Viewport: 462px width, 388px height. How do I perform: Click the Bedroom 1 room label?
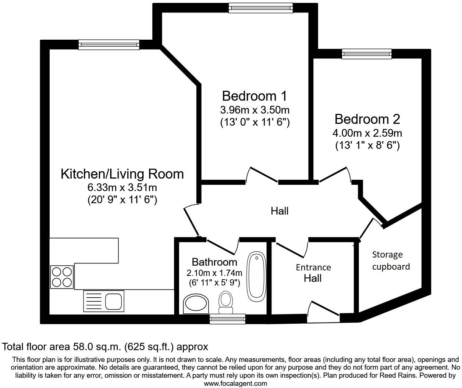pyautogui.click(x=255, y=96)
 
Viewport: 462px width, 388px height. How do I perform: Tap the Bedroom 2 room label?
pyautogui.click(x=367, y=119)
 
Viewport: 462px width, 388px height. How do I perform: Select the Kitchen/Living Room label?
pyautogui.click(x=122, y=174)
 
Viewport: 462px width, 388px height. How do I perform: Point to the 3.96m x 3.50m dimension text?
pyautogui.click(x=255, y=110)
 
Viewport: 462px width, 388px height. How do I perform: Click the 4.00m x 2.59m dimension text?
pyautogui.click(x=367, y=133)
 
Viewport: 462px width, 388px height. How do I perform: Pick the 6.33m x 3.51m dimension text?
pyautogui.click(x=122, y=187)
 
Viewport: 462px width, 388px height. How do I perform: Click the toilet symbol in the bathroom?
pyautogui.click(x=225, y=302)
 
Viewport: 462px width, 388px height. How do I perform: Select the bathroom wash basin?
pyautogui.click(x=196, y=304)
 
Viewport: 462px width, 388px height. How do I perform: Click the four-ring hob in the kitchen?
pyautogui.click(x=62, y=277)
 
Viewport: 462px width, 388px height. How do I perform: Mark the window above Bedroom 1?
pyautogui.click(x=260, y=8)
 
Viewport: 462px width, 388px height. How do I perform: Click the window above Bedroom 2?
pyautogui.click(x=367, y=54)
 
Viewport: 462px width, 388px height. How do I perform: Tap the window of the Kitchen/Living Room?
pyautogui.click(x=109, y=45)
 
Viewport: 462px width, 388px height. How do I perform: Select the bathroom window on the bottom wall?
pyautogui.click(x=227, y=319)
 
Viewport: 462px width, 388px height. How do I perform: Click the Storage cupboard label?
pyautogui.click(x=391, y=261)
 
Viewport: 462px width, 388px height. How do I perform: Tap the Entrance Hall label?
pyautogui.click(x=313, y=273)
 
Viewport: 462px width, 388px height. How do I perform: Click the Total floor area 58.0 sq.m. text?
pyautogui.click(x=105, y=346)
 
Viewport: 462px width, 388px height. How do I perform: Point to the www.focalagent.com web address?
pyautogui.click(x=235, y=384)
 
